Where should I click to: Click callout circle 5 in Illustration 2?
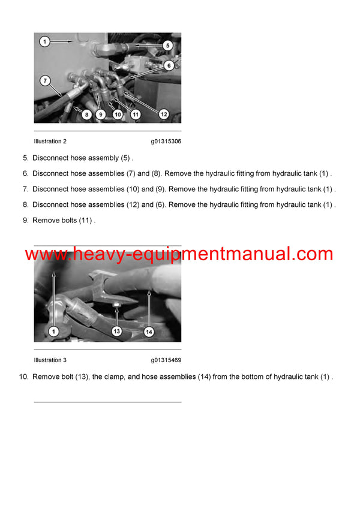pos(167,45)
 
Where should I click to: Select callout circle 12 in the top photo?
pos(163,113)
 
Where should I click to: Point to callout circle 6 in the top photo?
pos(169,65)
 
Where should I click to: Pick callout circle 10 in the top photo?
pos(117,114)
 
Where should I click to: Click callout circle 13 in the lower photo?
pos(116,330)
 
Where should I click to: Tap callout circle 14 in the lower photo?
pos(149,330)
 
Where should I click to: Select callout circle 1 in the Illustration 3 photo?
pos(53,330)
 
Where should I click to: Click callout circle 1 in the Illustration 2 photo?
pos(44,42)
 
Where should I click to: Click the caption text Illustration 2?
pos(50,141)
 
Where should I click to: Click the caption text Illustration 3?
pos(50,360)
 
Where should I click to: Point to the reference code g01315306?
pos(166,141)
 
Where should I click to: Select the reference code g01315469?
pos(166,360)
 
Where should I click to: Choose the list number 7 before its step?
pos(25,189)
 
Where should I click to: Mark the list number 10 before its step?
pos(23,377)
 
